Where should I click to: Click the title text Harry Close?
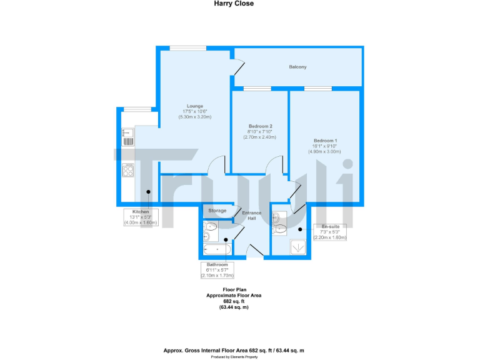[240, 3]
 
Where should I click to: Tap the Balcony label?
[297, 67]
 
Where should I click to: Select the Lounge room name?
[194, 106]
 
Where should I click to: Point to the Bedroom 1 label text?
[324, 141]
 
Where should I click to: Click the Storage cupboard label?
[217, 211]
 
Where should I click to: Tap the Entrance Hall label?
[252, 216]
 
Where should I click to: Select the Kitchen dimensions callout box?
[141, 217]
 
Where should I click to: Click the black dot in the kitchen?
[148, 192]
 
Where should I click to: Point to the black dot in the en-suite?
[300, 229]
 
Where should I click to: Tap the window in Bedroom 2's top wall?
[257, 89]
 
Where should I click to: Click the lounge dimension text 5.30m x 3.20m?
[194, 117]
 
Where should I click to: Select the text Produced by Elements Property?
[240, 357]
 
